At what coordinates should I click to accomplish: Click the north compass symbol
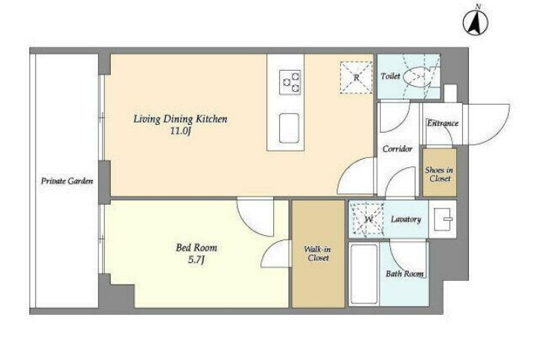pyautogui.click(x=476, y=23)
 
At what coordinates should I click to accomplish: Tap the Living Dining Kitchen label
pyautogui.click(x=180, y=119)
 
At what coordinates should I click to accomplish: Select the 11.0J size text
pyautogui.click(x=180, y=131)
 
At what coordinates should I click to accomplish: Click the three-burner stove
pyautogui.click(x=290, y=82)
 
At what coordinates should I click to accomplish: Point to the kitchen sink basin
pyautogui.click(x=289, y=128)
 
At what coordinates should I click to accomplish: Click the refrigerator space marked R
pyautogui.click(x=356, y=78)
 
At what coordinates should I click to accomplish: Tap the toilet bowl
pyautogui.click(x=416, y=76)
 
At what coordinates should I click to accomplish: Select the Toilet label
pyautogui.click(x=390, y=76)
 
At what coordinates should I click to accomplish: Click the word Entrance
pyautogui.click(x=443, y=123)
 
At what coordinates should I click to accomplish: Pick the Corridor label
pyautogui.click(x=397, y=148)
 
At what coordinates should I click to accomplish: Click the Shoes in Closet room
pyautogui.click(x=440, y=172)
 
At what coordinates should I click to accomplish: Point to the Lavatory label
pyautogui.click(x=406, y=219)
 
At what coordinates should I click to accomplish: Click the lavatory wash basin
pyautogui.click(x=443, y=219)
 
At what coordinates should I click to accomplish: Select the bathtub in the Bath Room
pyautogui.click(x=364, y=274)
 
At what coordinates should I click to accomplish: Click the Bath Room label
pyautogui.click(x=404, y=273)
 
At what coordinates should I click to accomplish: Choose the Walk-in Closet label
pyautogui.click(x=318, y=254)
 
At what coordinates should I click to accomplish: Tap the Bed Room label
pyautogui.click(x=196, y=247)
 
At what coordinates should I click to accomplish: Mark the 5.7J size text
pyautogui.click(x=196, y=260)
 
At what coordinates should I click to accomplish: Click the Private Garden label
pyautogui.click(x=67, y=181)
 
